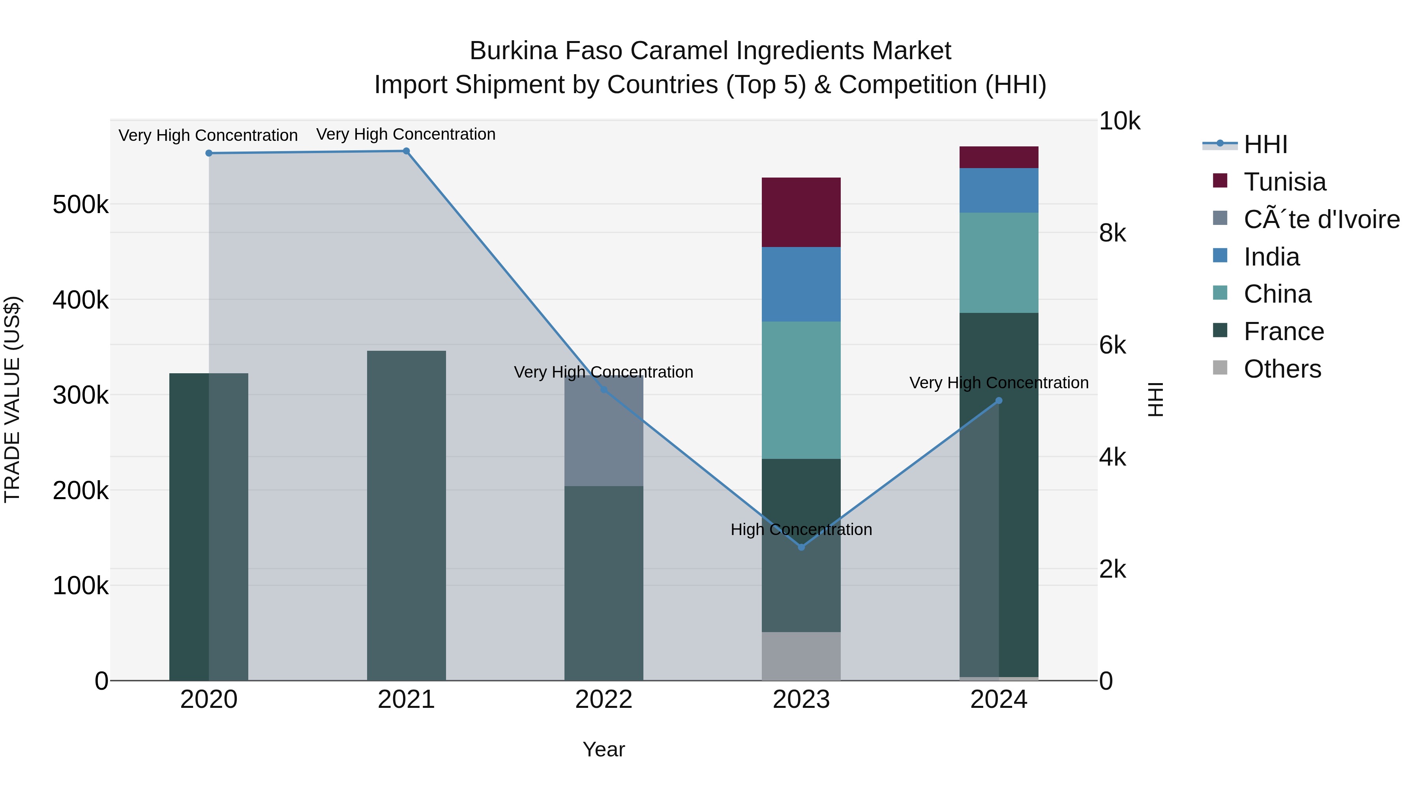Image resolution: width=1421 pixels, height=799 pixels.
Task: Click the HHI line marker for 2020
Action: click(x=208, y=153)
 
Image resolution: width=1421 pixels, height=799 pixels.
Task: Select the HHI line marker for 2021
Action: click(x=406, y=151)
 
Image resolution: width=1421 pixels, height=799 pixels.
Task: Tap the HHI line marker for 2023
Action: click(x=802, y=547)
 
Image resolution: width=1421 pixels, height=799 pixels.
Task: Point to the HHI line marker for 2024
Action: click(x=999, y=401)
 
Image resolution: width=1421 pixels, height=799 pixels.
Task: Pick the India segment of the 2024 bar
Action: click(x=999, y=190)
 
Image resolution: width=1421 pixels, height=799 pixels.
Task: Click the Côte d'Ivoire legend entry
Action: click(x=1321, y=219)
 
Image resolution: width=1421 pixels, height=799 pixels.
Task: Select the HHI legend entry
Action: click(x=1265, y=144)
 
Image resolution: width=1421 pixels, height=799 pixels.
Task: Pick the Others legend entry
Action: click(x=1282, y=369)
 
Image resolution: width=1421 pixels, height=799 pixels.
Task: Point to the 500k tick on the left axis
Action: click(x=81, y=205)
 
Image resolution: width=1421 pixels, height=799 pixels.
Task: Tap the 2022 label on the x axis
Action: click(x=604, y=700)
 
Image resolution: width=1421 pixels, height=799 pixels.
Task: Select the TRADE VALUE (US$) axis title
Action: click(x=13, y=399)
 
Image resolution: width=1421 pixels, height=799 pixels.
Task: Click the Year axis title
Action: click(x=604, y=749)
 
